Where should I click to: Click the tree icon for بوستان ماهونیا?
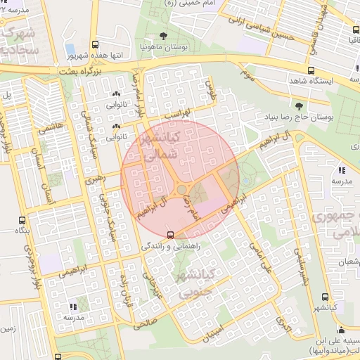pos(163,36)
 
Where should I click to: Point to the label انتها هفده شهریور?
pos(94,54)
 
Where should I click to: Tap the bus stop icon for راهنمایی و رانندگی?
pos(170,235)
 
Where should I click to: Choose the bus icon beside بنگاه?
pos(22,220)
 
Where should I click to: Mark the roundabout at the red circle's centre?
pos(179,188)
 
